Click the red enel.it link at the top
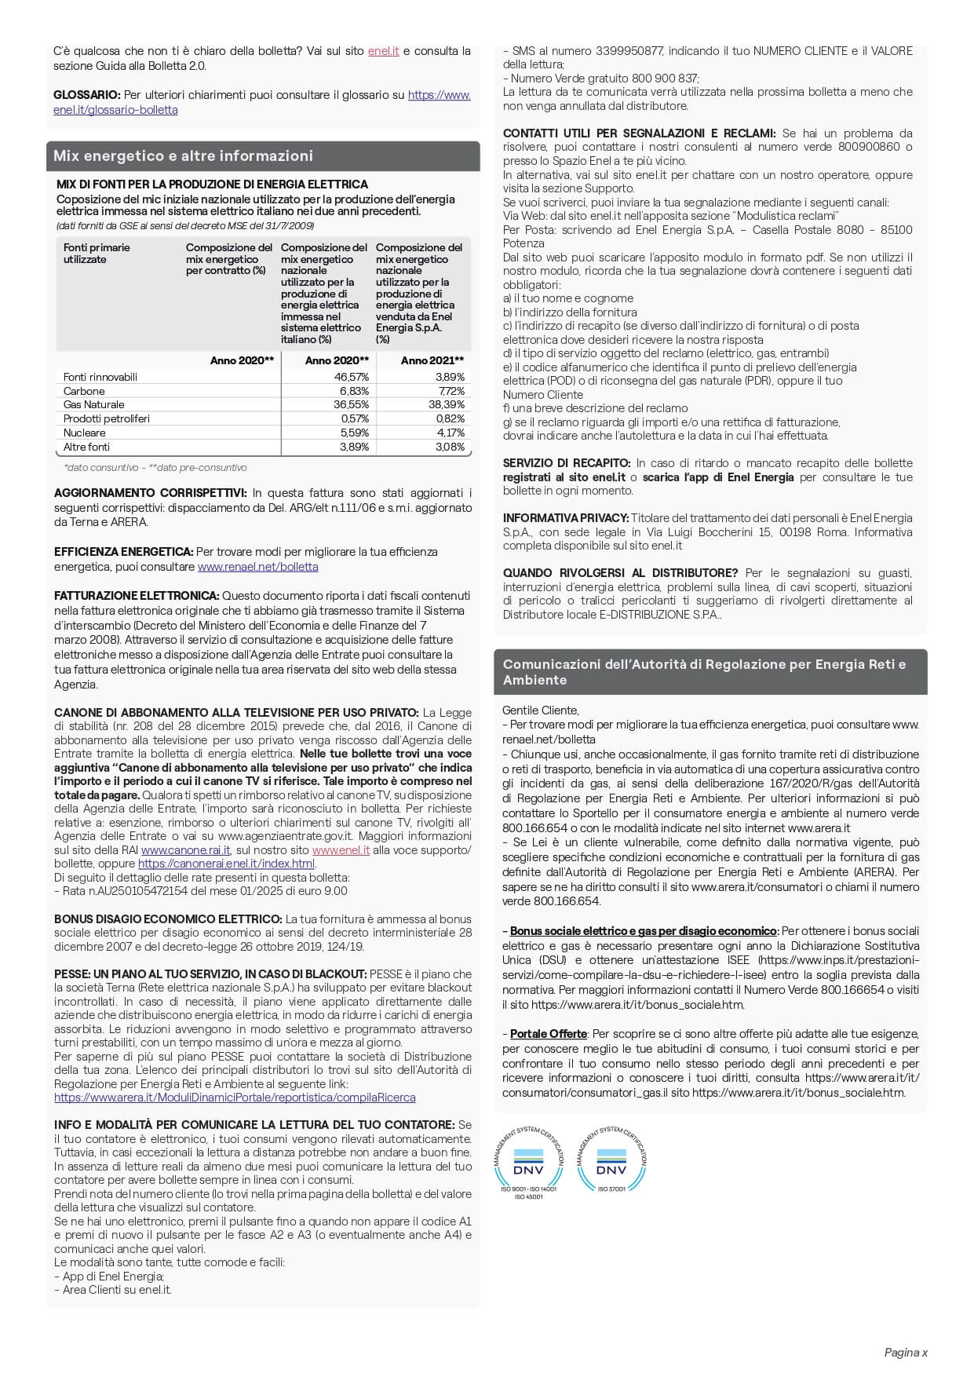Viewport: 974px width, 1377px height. (383, 51)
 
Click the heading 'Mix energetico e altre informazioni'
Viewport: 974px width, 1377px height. (183, 155)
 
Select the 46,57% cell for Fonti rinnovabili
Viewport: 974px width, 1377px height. (352, 377)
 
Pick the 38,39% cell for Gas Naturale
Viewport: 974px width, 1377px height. (447, 404)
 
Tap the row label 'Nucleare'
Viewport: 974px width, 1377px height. (84, 433)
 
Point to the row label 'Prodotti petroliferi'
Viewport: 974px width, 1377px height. (106, 418)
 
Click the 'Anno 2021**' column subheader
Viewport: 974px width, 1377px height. (432, 360)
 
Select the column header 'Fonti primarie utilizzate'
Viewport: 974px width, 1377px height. (97, 253)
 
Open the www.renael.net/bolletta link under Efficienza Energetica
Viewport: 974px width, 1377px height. (257, 567)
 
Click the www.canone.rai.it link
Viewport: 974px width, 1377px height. (186, 850)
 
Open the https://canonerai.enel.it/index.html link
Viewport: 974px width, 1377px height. (226, 864)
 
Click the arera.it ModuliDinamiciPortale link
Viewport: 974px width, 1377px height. (235, 1098)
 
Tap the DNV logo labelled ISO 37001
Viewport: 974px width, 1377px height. (611, 1160)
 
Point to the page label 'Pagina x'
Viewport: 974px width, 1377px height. (906, 1352)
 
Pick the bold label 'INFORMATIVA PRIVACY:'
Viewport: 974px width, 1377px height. (565, 518)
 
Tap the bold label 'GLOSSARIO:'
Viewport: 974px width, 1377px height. (87, 95)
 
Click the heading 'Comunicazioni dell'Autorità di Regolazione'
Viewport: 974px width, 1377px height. (704, 672)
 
